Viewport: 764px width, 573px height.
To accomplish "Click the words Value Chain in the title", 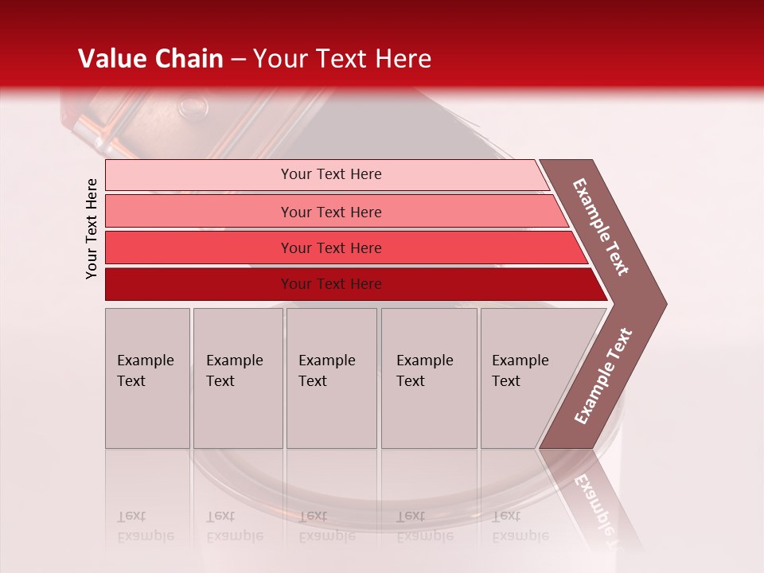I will click(x=150, y=59).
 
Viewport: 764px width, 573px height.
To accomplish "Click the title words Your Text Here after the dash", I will click(x=342, y=59).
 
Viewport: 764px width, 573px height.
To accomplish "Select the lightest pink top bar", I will click(x=199, y=175).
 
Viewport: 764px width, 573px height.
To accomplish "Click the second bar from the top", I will click(x=199, y=212).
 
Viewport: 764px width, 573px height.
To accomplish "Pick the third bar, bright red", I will click(x=199, y=248).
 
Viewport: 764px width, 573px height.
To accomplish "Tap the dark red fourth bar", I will click(x=199, y=284).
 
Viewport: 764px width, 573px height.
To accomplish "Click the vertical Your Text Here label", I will click(x=92, y=228).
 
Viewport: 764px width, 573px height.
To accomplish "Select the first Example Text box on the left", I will click(x=147, y=378).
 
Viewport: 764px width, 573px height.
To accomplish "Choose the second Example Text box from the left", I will click(x=237, y=378).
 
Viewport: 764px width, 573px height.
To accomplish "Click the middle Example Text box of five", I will click(x=331, y=378).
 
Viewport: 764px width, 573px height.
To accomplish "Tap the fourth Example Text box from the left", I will click(x=429, y=378).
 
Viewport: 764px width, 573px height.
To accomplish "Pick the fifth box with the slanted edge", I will click(x=525, y=378).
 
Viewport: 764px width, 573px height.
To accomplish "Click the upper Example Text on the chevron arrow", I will click(x=601, y=227).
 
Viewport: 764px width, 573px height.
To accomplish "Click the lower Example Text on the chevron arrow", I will click(x=603, y=376).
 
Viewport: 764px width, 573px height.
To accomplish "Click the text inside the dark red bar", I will click(x=331, y=284).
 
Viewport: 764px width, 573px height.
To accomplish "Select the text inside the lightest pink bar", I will click(x=331, y=174).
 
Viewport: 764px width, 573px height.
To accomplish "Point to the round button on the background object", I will click(x=191, y=106).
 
